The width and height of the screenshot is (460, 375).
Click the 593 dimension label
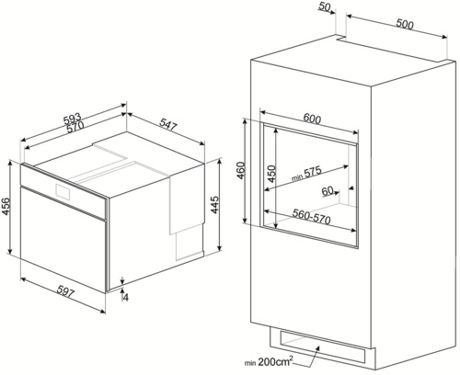click(x=72, y=119)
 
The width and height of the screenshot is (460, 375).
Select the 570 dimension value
click(x=75, y=127)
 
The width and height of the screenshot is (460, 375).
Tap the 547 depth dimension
click(x=168, y=125)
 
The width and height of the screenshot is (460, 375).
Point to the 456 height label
click(x=6, y=207)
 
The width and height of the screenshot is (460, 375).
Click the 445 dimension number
click(x=215, y=205)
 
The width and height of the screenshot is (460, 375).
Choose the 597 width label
click(x=65, y=293)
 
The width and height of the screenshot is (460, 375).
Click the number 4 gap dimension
click(x=125, y=297)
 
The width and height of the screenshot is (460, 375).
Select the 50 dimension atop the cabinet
click(x=325, y=6)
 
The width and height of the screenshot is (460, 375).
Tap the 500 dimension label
click(x=405, y=24)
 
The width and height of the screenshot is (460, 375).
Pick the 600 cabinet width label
click(x=312, y=119)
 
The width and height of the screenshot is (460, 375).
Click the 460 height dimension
click(x=241, y=170)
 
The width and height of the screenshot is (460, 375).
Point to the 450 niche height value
click(x=271, y=174)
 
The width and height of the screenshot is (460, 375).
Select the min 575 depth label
click(x=306, y=173)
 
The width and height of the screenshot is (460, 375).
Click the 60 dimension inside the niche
click(x=328, y=191)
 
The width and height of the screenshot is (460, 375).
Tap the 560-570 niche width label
click(x=311, y=217)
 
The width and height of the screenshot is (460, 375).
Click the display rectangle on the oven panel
click(x=63, y=192)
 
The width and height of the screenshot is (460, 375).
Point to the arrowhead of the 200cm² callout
click(x=317, y=347)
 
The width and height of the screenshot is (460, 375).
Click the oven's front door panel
click(x=63, y=238)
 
